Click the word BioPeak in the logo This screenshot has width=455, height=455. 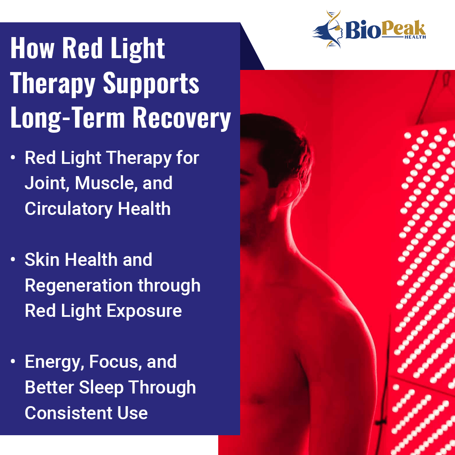(x=385, y=29)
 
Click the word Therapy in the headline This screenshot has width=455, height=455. (x=53, y=84)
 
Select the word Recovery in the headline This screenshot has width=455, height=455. (x=182, y=118)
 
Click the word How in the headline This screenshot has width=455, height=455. (x=32, y=48)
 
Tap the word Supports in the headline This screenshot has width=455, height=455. (x=151, y=84)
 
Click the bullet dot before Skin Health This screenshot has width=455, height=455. (x=13, y=259)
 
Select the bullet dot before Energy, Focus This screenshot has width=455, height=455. (x=13, y=361)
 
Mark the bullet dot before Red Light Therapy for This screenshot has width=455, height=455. (x=13, y=157)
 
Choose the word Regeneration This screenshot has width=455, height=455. (x=78, y=286)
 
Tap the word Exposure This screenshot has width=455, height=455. (x=144, y=311)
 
